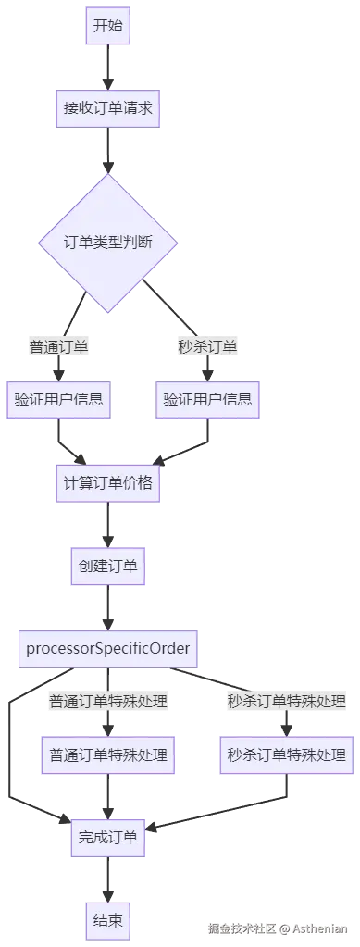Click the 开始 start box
pyautogui.click(x=108, y=26)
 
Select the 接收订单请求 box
pyautogui.click(x=108, y=107)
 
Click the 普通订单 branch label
pyautogui.click(x=58, y=346)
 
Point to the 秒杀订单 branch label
pyautogui.click(x=207, y=346)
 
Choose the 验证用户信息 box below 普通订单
pyautogui.click(x=58, y=400)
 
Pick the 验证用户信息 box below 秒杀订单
pyautogui.click(x=207, y=400)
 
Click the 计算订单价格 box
pyautogui.click(x=108, y=482)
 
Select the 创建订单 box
pyautogui.click(x=108, y=565)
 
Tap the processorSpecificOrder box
pyautogui.click(x=108, y=647)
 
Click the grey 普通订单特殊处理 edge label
pyautogui.click(x=108, y=701)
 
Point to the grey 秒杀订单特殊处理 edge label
pyautogui.click(x=287, y=701)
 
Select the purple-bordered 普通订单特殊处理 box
pyautogui.click(x=108, y=755)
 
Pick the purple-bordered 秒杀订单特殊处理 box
pyautogui.click(x=287, y=755)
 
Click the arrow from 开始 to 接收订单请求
pyautogui.click(x=108, y=65)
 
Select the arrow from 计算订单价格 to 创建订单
pyautogui.click(x=108, y=524)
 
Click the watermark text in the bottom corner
pyautogui.click(x=278, y=928)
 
